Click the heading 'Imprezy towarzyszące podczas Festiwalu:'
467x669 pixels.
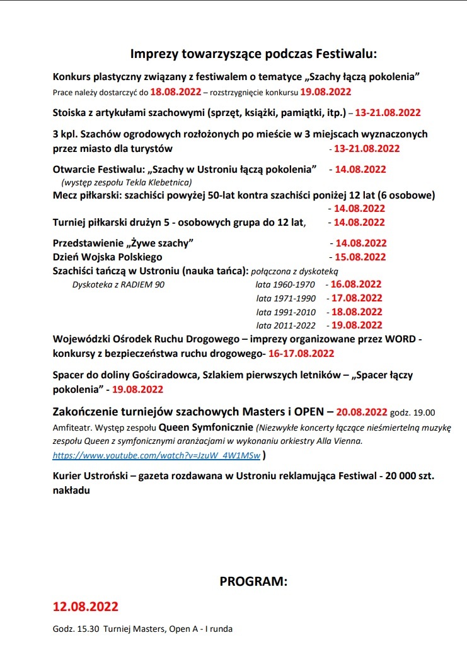tap(253, 54)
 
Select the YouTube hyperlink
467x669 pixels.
tap(157, 454)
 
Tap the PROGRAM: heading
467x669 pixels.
tap(253, 581)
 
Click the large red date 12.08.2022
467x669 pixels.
tap(86, 607)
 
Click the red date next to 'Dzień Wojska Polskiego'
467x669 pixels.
tap(360, 257)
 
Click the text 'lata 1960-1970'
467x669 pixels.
tap(285, 284)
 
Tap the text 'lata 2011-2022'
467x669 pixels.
tap(285, 325)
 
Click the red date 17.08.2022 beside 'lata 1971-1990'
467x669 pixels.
tap(357, 298)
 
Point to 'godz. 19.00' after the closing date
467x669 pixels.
tap(413, 413)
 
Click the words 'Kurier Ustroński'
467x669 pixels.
tap(90, 476)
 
